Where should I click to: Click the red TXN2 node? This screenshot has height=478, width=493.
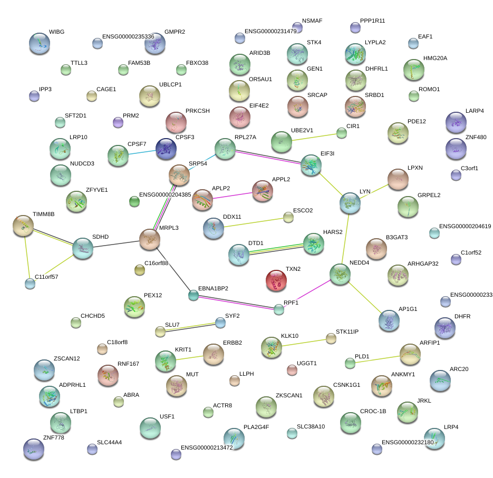275,280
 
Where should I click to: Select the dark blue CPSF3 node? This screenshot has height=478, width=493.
167,149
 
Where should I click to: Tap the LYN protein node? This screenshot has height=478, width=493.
350,203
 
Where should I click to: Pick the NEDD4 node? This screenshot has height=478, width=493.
340,275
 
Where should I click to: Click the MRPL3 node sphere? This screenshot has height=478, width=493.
150,240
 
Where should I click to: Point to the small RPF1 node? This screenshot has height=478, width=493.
279,309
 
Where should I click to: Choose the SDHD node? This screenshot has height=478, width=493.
83,248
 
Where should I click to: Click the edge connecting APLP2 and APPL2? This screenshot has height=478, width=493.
233,196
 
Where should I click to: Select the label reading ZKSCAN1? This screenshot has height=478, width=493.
289,395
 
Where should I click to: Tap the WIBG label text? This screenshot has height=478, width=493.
56,32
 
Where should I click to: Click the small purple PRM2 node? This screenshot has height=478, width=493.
118,123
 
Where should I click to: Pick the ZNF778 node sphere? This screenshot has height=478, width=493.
33,449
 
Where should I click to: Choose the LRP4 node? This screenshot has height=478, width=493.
434,437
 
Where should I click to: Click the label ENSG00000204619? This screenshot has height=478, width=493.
465,227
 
